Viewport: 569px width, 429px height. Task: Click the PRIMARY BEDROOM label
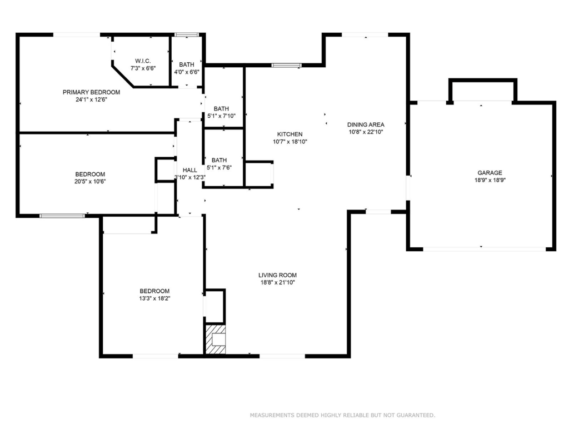(91, 92)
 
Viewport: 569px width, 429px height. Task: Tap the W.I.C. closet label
(143, 61)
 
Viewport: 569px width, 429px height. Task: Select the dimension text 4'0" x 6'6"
(187, 72)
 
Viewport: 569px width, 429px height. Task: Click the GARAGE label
(490, 173)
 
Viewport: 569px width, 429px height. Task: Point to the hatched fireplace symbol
(216, 339)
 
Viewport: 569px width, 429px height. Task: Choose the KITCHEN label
(290, 134)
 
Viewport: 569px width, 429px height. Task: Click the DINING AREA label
(366, 124)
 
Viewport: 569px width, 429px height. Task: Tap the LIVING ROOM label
(277, 275)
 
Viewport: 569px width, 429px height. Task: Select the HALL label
(189, 170)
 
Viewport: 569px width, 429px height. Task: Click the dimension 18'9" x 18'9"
(490, 180)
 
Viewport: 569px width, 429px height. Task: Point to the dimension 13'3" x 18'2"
(154, 298)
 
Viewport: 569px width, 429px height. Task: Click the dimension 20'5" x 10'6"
(90, 181)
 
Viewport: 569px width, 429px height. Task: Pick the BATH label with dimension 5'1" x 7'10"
(221, 109)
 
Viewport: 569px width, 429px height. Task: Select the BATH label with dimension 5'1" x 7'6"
(219, 160)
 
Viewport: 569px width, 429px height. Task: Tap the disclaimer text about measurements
(342, 415)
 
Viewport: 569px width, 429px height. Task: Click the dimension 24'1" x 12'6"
(91, 100)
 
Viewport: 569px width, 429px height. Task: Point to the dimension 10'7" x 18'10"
(290, 142)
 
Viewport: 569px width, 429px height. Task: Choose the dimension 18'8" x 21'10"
(277, 283)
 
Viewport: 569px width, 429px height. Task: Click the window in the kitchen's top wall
(286, 66)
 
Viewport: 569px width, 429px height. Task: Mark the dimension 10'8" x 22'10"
(366, 132)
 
